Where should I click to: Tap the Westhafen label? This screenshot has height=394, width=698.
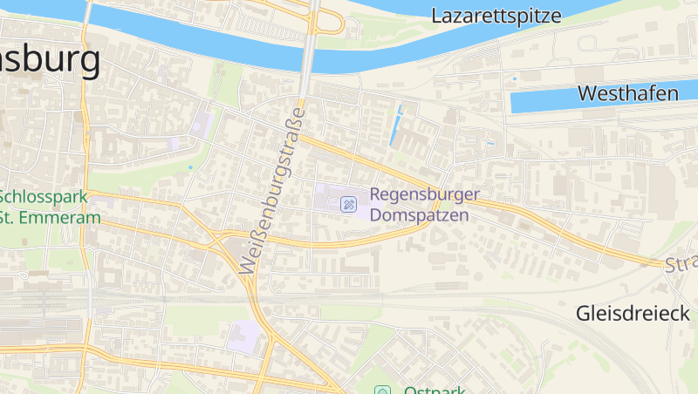(628, 93)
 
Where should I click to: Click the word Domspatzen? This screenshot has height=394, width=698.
(419, 214)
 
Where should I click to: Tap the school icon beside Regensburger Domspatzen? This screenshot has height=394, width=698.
(348, 204)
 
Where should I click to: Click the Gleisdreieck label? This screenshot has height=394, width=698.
(634, 313)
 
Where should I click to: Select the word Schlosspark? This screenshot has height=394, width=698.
(44, 197)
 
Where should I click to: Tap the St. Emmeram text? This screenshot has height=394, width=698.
(51, 217)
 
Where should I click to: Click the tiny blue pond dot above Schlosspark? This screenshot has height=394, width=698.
(190, 166)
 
